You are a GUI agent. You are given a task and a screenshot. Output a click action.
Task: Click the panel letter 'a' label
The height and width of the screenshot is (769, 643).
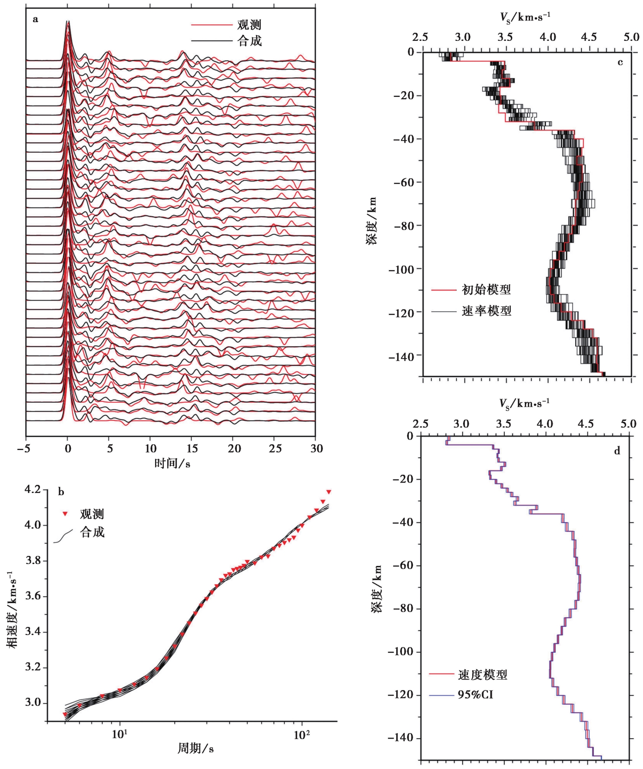coord(35,20)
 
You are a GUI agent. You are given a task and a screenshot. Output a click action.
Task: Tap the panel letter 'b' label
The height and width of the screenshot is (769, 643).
coord(61,492)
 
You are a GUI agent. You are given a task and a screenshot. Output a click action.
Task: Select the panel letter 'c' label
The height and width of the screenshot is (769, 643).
coord(620,62)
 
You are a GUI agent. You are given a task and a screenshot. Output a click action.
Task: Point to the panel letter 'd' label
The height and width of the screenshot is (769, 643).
coord(617,451)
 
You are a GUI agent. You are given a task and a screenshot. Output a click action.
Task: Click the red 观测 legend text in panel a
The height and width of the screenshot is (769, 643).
coord(249,25)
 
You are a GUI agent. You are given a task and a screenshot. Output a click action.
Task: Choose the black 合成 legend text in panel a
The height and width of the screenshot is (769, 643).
coord(249,41)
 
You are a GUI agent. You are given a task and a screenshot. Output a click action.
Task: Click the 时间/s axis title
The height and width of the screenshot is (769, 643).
coord(172,463)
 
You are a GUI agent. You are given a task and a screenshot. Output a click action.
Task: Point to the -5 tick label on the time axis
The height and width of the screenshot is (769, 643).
coord(27,449)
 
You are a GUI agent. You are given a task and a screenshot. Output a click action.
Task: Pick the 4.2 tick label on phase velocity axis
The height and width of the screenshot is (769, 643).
coord(33,490)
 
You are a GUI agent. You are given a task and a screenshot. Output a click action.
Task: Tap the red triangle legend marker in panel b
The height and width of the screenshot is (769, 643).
coord(65,514)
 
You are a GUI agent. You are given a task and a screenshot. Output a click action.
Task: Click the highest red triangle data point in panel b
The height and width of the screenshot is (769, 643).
coord(329,492)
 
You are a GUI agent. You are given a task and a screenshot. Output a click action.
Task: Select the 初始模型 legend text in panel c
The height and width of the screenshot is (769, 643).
coord(486,289)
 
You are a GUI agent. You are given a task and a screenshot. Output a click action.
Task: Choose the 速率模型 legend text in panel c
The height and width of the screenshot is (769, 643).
coord(486,311)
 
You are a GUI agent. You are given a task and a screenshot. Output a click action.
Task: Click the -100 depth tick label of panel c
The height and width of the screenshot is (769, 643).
coord(404,269)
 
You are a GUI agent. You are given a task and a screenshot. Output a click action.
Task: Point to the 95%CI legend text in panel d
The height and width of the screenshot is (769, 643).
coord(475,695)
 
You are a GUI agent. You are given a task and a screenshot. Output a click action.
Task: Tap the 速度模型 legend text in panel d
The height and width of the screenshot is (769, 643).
coord(483,675)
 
